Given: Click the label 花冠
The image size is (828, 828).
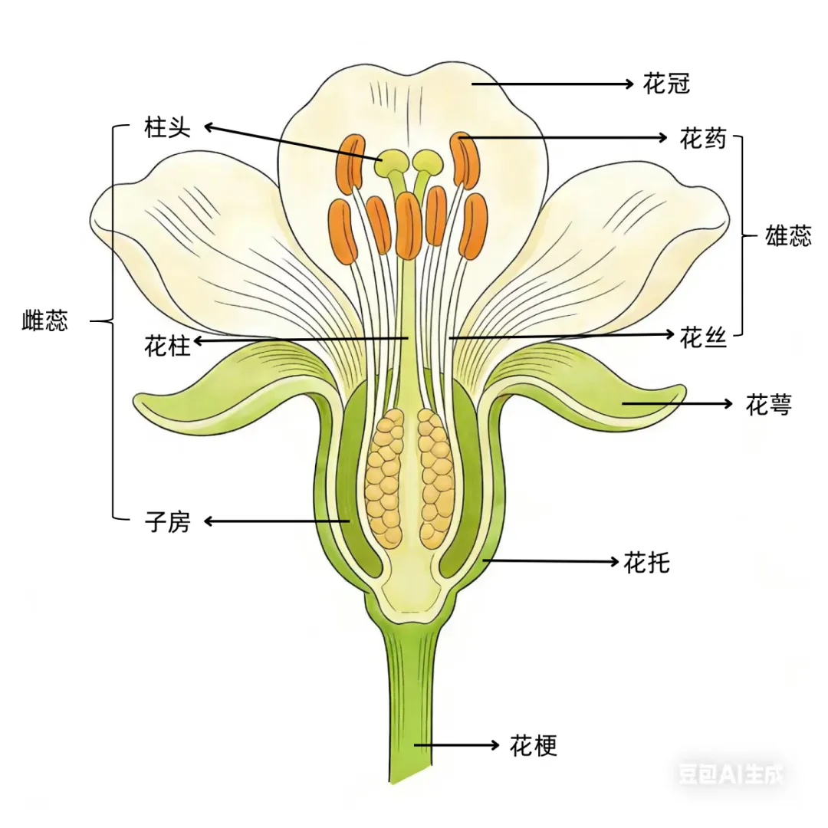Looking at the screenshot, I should click(666, 84).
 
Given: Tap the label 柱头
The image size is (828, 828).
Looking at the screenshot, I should click(166, 127).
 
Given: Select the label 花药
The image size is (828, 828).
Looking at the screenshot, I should click(702, 139).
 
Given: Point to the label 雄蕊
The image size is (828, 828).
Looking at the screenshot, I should click(788, 236).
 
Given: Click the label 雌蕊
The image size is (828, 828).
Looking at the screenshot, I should click(44, 320).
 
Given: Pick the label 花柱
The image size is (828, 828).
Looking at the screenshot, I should click(166, 347).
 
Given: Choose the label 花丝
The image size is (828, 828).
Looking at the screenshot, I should click(703, 337).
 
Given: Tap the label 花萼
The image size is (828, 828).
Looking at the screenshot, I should click(768, 405).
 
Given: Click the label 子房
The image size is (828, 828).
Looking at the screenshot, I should click(166, 523).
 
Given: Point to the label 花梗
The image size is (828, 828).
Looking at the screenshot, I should click(533, 745).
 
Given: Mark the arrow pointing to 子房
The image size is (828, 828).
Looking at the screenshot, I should click(276, 522).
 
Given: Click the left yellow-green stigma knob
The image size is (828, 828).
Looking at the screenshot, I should click(395, 160).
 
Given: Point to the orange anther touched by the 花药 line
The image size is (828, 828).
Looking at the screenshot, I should click(464, 159).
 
